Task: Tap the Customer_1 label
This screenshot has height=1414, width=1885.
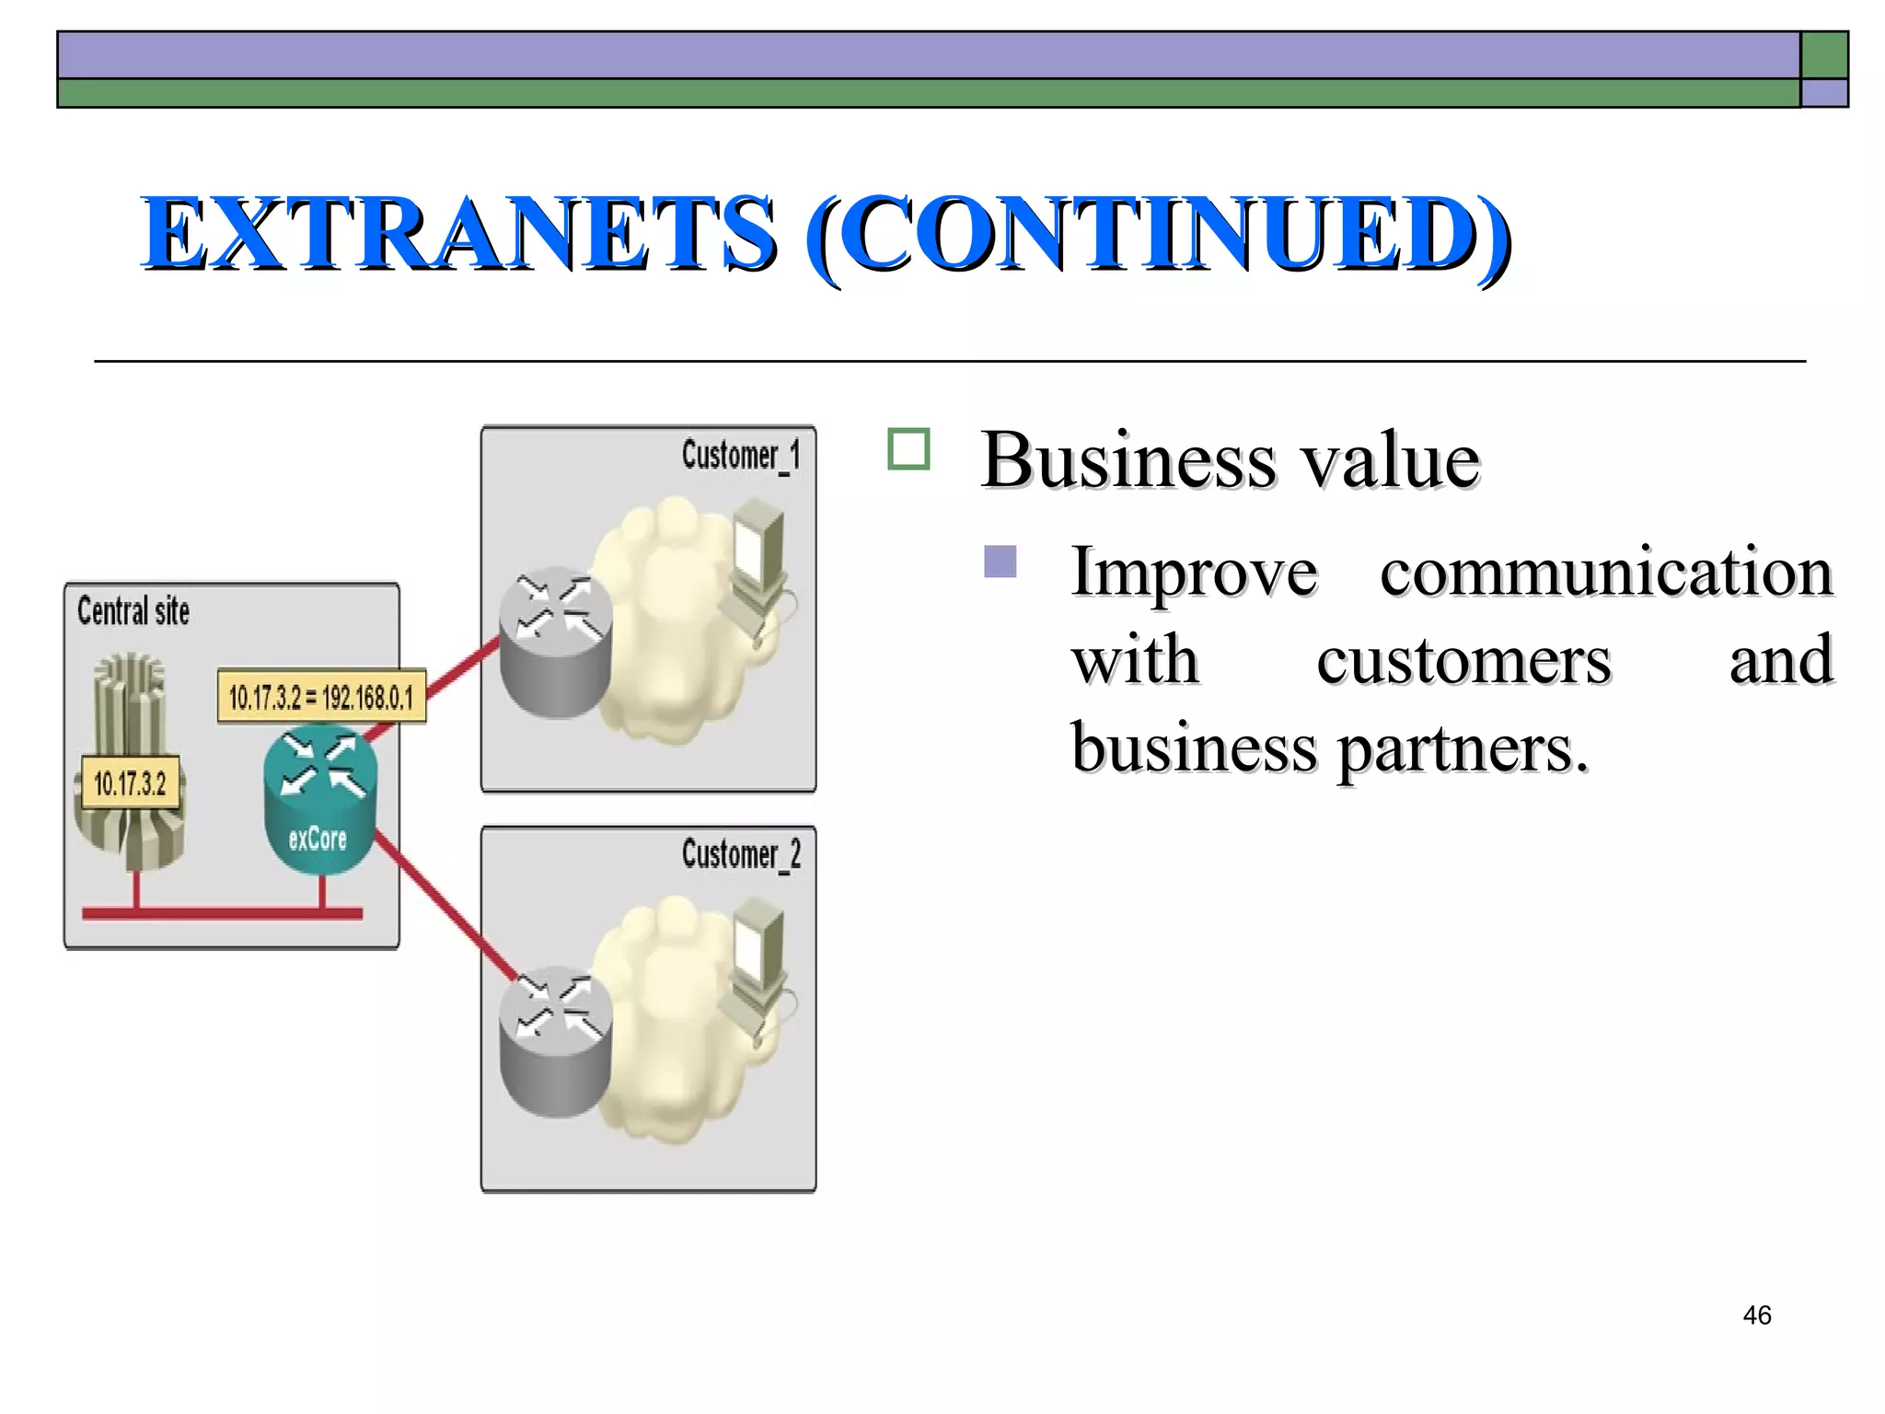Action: (x=741, y=456)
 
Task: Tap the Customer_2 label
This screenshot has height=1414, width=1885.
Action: (x=741, y=855)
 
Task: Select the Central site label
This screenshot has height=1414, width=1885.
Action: (x=133, y=611)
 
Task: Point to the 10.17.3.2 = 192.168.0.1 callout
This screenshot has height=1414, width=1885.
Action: (x=321, y=697)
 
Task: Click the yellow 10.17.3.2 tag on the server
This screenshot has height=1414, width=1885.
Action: (x=130, y=783)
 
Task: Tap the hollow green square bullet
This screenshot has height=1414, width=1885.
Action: (x=908, y=449)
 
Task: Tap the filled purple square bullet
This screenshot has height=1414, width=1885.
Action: (x=1000, y=562)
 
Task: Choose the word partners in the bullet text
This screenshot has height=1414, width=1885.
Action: (x=1463, y=748)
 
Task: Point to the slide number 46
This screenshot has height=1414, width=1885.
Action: (x=1756, y=1315)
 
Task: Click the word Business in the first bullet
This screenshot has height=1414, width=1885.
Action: (x=1128, y=460)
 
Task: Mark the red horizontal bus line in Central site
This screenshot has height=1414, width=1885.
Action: (x=222, y=913)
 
